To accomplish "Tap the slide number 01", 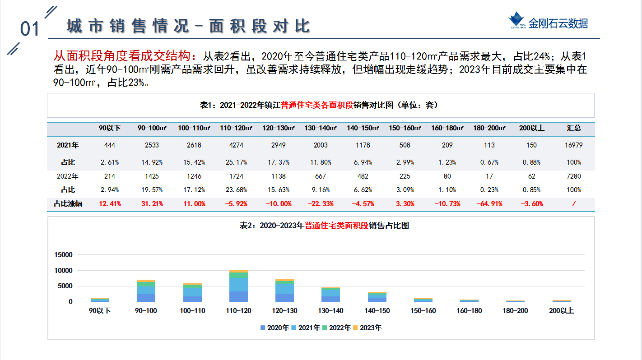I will (30, 29).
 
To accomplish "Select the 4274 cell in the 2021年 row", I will (236, 145).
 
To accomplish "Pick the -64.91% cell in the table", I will (489, 204).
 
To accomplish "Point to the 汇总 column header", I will (574, 128).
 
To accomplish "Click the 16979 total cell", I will (574, 145).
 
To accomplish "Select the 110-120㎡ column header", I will (236, 128).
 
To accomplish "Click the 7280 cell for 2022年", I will (574, 176).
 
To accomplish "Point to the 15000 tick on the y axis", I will (63, 255).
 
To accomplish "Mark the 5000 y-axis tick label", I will (65, 286).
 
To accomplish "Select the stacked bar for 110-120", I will (238, 286).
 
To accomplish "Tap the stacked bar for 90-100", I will (146, 291).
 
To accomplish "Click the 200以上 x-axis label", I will (561, 310).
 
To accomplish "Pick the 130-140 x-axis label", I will (330, 310).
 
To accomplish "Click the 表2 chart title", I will (324, 226).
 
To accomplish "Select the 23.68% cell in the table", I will (236, 190).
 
